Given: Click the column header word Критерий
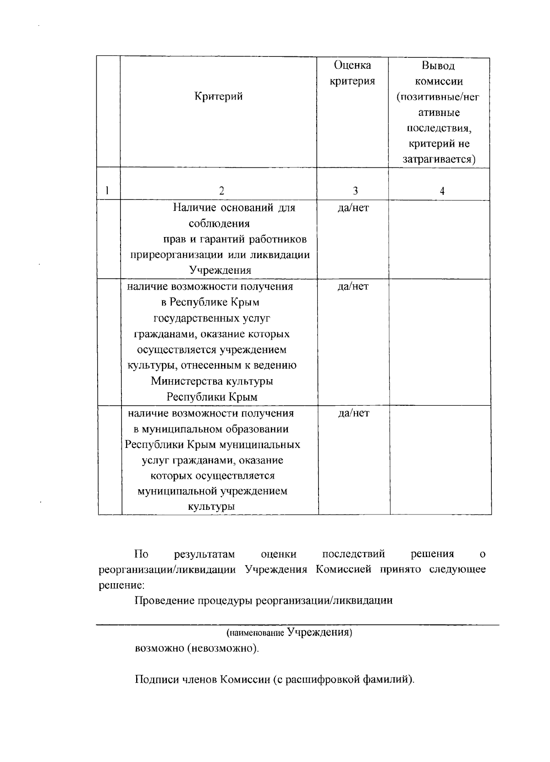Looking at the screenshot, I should (x=219, y=97).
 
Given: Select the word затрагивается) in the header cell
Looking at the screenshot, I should (x=439, y=160).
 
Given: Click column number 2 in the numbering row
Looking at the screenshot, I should (x=221, y=191).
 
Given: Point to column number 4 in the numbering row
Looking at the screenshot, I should (x=442, y=192).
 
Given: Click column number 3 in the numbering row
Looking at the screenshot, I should (x=355, y=191).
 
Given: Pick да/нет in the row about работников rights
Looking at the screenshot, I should (x=353, y=208).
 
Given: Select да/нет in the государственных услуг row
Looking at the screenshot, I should (x=353, y=287).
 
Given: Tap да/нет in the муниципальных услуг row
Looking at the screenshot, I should (x=353, y=413).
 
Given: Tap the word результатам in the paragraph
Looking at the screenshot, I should (x=204, y=554).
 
